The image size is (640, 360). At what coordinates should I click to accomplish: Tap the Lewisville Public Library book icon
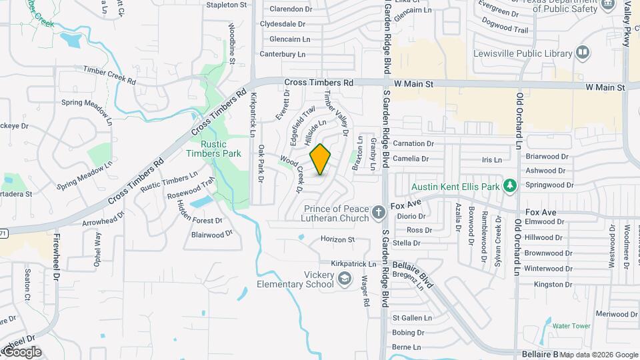[x=583, y=53]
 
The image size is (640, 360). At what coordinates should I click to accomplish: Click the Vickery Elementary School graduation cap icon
[x=345, y=279]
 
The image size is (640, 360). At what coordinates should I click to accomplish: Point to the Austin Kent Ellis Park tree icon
[x=510, y=185]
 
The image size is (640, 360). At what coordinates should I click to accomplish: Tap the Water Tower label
[x=571, y=326]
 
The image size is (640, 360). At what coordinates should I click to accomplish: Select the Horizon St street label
[x=337, y=239]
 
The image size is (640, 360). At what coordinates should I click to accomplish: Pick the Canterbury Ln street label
[x=282, y=54]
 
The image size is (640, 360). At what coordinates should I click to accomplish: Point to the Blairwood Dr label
[x=211, y=234]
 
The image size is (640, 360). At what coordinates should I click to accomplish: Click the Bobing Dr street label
[x=408, y=333]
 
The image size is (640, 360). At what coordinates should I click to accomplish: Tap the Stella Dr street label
[x=406, y=243]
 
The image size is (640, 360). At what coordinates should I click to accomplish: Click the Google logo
[x=22, y=351]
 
